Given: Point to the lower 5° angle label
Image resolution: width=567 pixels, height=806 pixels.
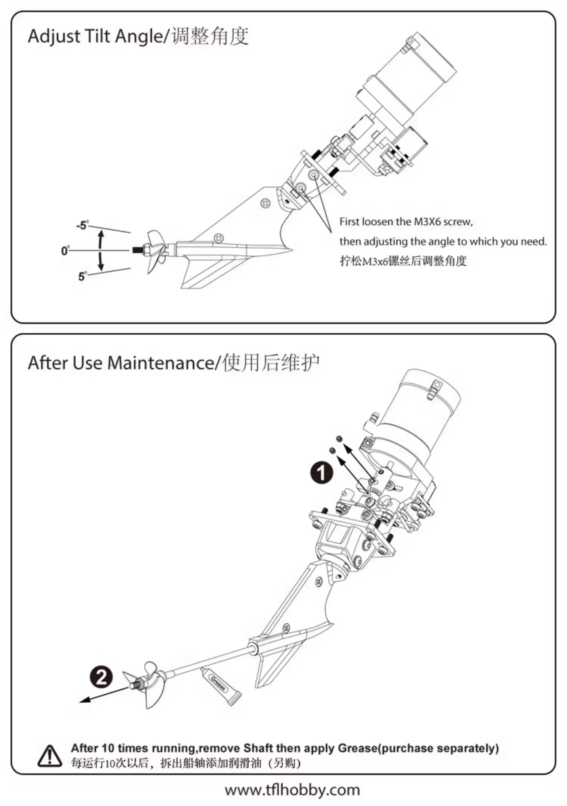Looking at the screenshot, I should click(x=82, y=276).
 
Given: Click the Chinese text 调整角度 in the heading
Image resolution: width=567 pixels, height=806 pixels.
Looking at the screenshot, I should click(x=210, y=37).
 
